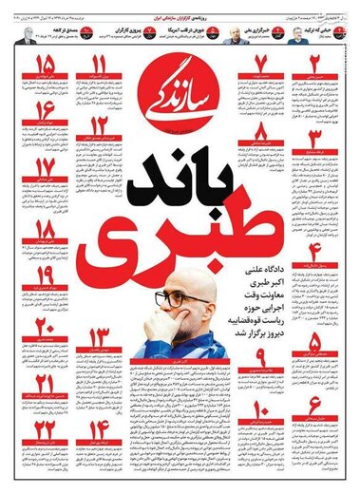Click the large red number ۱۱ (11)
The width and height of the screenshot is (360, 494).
pos(99,66)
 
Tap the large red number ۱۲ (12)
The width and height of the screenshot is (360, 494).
pos(99,129)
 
